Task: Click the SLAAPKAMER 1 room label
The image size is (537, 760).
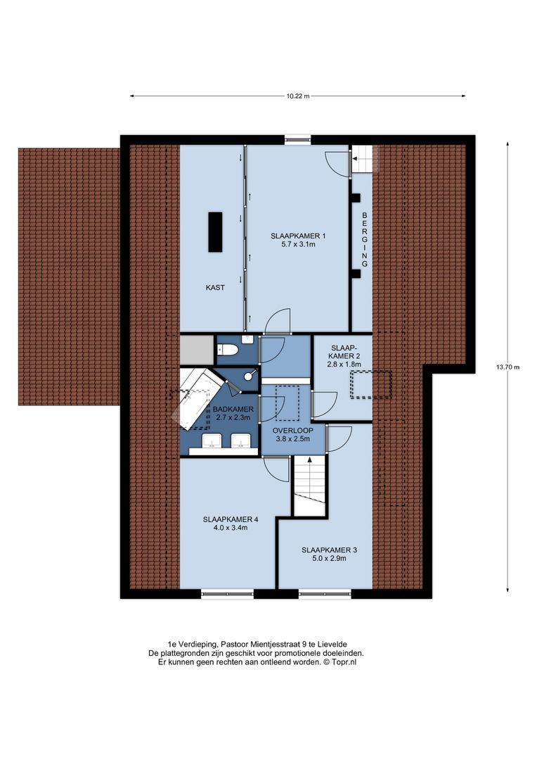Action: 298,236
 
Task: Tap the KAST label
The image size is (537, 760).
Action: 215,287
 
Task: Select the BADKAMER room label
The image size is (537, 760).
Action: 233,410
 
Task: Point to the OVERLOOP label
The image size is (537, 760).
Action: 293,431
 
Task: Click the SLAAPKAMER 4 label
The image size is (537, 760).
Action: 231,519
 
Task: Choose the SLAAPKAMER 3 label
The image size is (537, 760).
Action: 329,550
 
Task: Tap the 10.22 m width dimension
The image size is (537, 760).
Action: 298,96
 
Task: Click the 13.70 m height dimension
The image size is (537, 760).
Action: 507,367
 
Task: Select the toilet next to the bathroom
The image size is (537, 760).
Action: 227,349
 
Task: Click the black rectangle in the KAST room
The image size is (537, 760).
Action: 215,232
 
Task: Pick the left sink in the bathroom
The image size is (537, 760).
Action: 212,441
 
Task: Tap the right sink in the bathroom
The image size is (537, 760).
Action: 240,441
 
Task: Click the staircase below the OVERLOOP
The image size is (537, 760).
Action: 309,486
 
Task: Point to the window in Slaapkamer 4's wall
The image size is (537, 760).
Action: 227,594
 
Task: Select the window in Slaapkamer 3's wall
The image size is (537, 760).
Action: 325,594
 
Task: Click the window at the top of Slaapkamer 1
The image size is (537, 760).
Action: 298,139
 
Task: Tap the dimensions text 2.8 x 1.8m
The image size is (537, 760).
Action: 344,365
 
